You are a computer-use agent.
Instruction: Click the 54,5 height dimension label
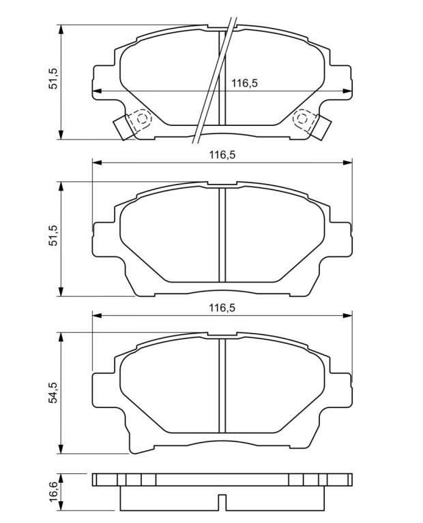pyautogui.click(x=53, y=392)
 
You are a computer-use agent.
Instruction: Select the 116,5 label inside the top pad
pyautogui.click(x=244, y=83)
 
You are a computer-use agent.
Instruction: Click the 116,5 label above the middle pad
pyautogui.click(x=222, y=155)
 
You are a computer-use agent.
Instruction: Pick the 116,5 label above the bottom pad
pyautogui.click(x=222, y=308)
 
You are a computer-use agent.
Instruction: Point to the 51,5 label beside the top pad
pyautogui.click(x=53, y=78)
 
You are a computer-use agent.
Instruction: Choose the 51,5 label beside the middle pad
pyautogui.click(x=53, y=236)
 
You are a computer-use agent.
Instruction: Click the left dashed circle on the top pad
pyautogui.click(x=142, y=118)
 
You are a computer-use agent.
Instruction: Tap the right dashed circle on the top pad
pyautogui.click(x=302, y=118)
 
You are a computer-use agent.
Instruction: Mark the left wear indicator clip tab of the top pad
pyautogui.click(x=122, y=127)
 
